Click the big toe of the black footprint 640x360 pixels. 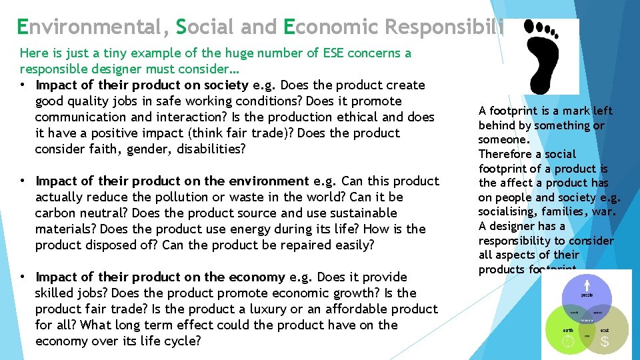click(531, 26)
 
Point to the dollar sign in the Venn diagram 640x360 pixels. click(605, 342)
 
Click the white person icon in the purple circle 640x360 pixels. click(587, 285)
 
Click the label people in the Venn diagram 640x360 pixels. click(587, 294)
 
